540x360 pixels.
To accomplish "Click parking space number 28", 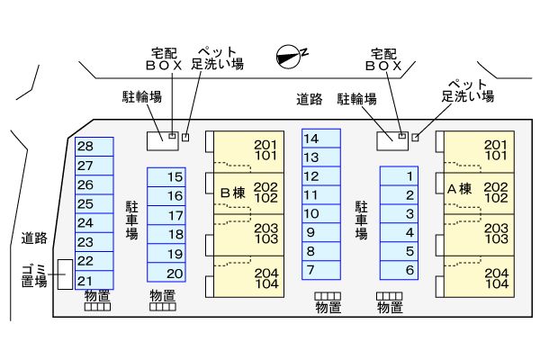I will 93,146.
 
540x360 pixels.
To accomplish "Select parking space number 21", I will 93,280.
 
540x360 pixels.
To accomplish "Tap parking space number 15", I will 166,177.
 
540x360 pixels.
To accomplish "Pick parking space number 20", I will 166,274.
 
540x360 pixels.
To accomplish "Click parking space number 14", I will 320,139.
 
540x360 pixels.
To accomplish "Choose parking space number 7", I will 320,269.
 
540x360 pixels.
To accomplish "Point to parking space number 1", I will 400,176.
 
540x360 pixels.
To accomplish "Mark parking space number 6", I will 400,270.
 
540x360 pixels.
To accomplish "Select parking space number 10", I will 320,213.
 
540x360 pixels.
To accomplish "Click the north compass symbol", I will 288,55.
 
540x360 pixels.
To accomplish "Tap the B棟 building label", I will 232,192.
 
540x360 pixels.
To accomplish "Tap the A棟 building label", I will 459,189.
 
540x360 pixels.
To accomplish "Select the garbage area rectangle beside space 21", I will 64,274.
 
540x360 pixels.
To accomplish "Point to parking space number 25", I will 93,203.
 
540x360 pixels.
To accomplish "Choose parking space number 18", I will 166,234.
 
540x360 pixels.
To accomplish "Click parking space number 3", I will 400,214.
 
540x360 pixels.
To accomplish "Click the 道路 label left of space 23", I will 34,238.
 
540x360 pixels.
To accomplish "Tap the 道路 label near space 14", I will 309,99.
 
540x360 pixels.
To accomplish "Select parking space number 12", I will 320,176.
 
